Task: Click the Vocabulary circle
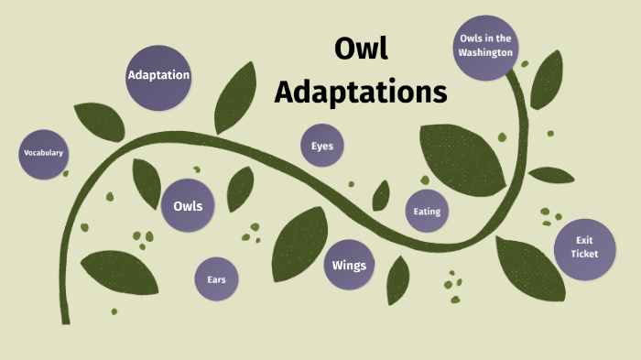tap(43, 152)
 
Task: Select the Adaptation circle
tap(158, 75)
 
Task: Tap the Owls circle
tap(188, 205)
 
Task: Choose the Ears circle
tap(216, 278)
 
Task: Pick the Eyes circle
tap(322, 146)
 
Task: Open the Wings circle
tap(349, 266)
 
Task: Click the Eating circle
tap(427, 212)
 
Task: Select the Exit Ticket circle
tap(583, 246)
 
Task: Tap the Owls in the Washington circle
tap(484, 45)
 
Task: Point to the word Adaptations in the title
tap(361, 92)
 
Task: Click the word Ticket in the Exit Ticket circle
tap(583, 254)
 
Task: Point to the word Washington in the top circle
tap(484, 52)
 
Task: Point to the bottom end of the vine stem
tap(66, 321)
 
